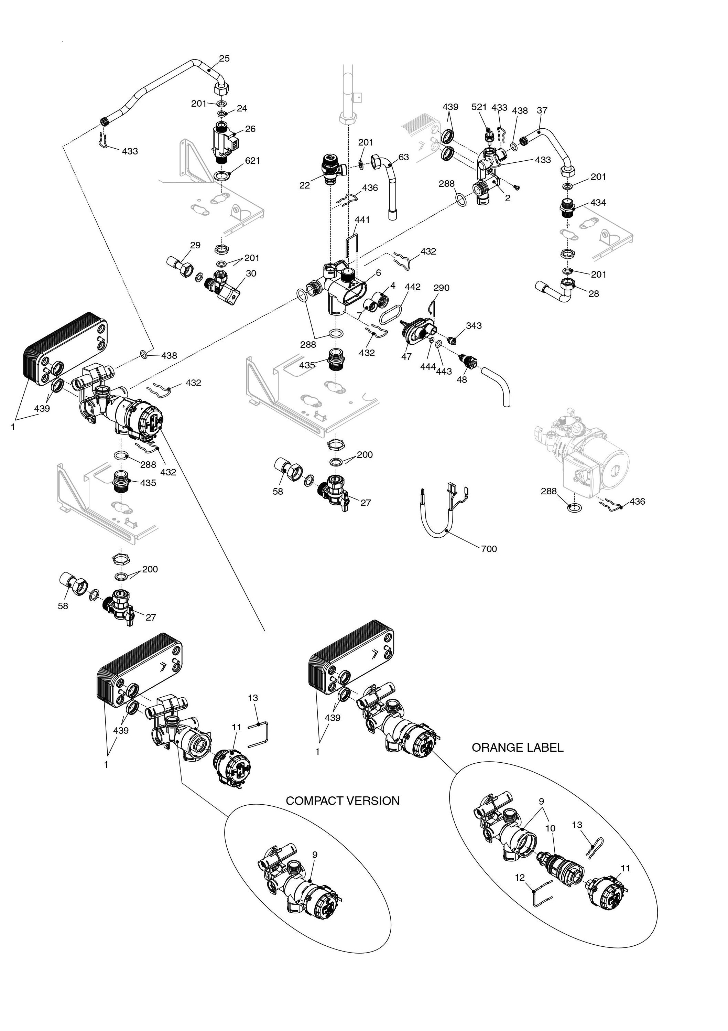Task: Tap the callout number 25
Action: point(225,58)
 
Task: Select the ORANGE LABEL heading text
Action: point(517,748)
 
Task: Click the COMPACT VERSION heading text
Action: point(343,801)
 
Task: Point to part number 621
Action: point(252,160)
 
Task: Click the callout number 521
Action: point(479,107)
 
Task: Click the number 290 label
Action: point(441,288)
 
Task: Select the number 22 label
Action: point(305,185)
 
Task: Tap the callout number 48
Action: point(461,380)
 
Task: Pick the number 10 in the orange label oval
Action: point(550,828)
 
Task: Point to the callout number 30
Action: point(251,273)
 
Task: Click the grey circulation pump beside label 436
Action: point(584,458)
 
